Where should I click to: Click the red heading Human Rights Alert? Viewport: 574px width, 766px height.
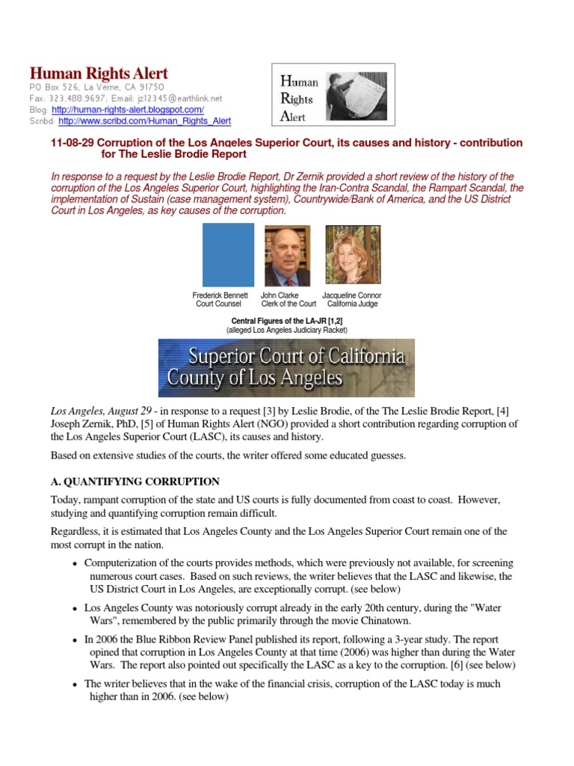coord(99,73)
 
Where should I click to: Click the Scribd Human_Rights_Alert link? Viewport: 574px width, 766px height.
coord(144,120)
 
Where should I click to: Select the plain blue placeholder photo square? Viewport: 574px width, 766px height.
coord(228,254)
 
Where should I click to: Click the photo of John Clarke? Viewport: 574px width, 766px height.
coord(288,254)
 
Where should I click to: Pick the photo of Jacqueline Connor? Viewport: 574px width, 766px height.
coord(353,254)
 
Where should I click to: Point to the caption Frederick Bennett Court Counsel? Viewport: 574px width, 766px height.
coord(220,300)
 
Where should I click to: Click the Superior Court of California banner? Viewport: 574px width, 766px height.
coord(286,367)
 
